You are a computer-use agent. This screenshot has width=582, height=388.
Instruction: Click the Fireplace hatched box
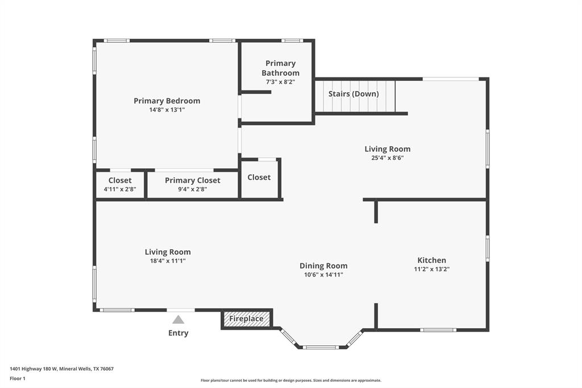click(247, 319)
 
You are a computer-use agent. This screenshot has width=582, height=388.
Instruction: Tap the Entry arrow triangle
click(178, 320)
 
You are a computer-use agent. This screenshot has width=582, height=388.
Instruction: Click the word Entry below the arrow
click(178, 333)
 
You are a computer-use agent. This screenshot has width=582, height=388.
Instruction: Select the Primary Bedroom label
click(167, 101)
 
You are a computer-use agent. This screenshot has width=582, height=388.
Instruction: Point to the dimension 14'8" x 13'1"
click(167, 110)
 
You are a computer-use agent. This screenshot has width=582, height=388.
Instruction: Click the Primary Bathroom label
click(281, 68)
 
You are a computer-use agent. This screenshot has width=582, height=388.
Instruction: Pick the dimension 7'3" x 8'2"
click(281, 82)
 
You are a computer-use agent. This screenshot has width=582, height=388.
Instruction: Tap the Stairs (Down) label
click(354, 94)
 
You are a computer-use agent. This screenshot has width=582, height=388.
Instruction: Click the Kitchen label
click(432, 260)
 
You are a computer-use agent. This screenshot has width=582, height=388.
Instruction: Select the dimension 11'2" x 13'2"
click(432, 269)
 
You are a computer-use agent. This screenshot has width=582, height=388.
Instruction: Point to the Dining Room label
click(323, 266)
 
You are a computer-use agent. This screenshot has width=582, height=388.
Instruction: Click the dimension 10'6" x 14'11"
click(323, 275)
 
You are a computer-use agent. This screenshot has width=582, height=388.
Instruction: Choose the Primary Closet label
click(193, 180)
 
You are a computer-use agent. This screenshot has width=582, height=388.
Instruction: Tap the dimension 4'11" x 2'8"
click(120, 189)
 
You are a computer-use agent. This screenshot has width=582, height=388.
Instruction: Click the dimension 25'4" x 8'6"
click(388, 158)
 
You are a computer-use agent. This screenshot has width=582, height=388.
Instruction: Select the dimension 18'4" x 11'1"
click(168, 261)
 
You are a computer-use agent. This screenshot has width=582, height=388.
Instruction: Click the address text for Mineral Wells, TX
click(61, 369)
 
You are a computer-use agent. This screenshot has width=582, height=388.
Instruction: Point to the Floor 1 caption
click(18, 379)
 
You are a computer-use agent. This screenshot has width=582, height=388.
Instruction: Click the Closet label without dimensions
click(259, 178)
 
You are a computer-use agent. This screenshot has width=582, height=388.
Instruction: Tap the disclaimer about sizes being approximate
click(291, 381)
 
